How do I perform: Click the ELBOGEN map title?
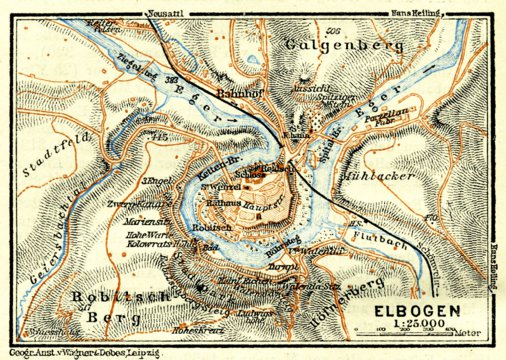(x=419, y=310)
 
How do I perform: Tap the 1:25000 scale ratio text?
(x=418, y=327)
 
